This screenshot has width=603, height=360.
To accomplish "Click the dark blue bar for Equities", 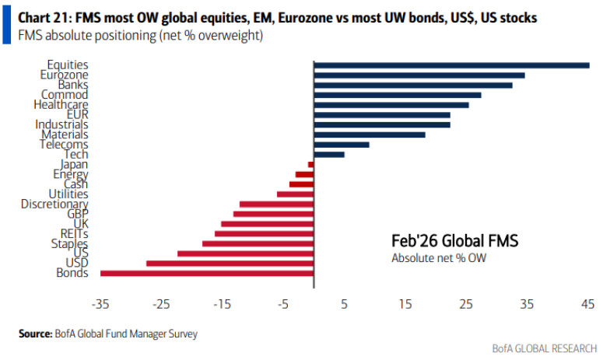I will (x=451, y=65).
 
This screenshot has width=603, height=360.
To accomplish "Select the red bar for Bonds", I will (x=207, y=273).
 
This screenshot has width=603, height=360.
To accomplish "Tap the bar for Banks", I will (x=413, y=85).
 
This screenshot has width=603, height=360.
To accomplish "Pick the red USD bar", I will (x=230, y=263).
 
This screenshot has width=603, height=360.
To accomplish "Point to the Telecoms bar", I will (x=342, y=144).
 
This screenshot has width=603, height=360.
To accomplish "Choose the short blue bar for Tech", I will (x=329, y=154).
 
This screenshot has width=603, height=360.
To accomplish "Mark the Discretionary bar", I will (x=276, y=204).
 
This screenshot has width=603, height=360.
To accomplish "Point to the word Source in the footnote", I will (x=37, y=334).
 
